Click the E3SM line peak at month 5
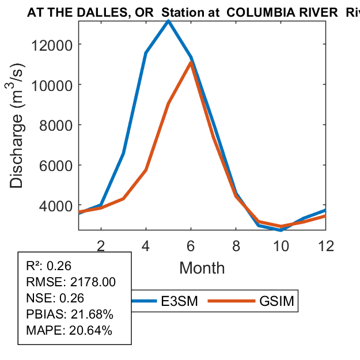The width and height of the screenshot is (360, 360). pos(168,21)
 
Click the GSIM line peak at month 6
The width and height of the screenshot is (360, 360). pos(191,62)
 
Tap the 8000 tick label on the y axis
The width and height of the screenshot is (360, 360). pos(59,125)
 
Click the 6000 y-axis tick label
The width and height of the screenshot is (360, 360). pos(59,165)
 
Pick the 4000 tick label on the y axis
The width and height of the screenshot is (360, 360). pos(59,206)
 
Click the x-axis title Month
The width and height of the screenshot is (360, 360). pos(202,268)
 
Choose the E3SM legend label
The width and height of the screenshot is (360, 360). pos(179,301)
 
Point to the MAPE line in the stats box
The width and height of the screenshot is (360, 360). pos(69,331)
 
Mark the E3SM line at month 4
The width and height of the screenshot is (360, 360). pos(146,53)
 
